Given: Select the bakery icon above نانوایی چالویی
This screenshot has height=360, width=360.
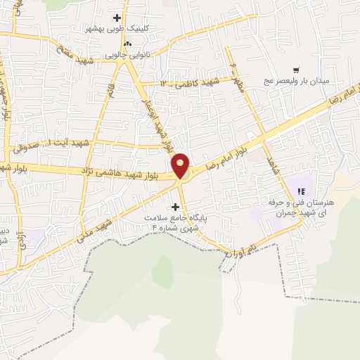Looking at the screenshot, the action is (x=127, y=44).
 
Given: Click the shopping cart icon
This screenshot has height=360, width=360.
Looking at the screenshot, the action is (x=296, y=70).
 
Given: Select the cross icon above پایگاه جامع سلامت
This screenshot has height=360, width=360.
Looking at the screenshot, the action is (x=175, y=206).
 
